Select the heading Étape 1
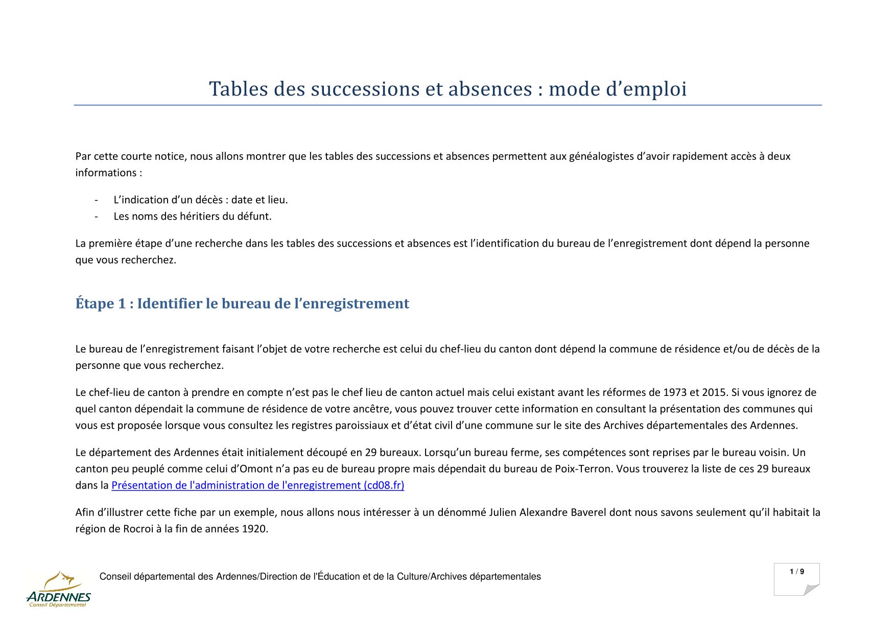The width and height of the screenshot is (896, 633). tap(242, 303)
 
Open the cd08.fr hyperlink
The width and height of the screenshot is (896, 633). tap(257, 485)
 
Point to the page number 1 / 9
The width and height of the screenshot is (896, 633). tap(796, 572)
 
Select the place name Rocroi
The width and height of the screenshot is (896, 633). tap(138, 528)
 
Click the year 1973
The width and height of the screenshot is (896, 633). tap(674, 392)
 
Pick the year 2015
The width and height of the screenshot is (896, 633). tap(714, 392)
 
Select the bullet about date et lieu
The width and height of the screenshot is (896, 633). tap(201, 200)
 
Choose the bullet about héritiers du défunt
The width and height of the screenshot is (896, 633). tap(193, 216)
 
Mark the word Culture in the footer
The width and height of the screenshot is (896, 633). tap(412, 577)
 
